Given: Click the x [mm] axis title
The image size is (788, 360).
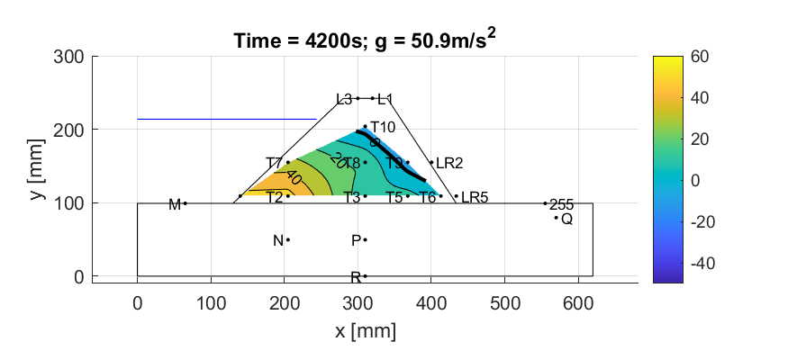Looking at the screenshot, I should [365, 331].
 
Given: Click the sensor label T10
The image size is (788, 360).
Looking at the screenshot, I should [383, 127].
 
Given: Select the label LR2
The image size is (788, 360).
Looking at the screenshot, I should [449, 164].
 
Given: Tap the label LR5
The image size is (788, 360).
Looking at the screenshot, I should [475, 197].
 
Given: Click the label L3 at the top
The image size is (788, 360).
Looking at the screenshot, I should [343, 99].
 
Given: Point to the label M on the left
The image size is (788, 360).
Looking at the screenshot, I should [175, 204].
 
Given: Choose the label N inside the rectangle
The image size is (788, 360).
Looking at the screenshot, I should [277, 240].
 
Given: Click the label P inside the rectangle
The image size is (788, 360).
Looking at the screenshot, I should [356, 240].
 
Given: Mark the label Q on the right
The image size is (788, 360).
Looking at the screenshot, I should [566, 219].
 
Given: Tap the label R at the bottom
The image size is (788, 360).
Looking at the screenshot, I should [355, 277].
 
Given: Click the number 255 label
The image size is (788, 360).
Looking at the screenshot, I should [561, 204].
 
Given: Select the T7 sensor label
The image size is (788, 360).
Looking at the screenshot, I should [274, 163].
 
